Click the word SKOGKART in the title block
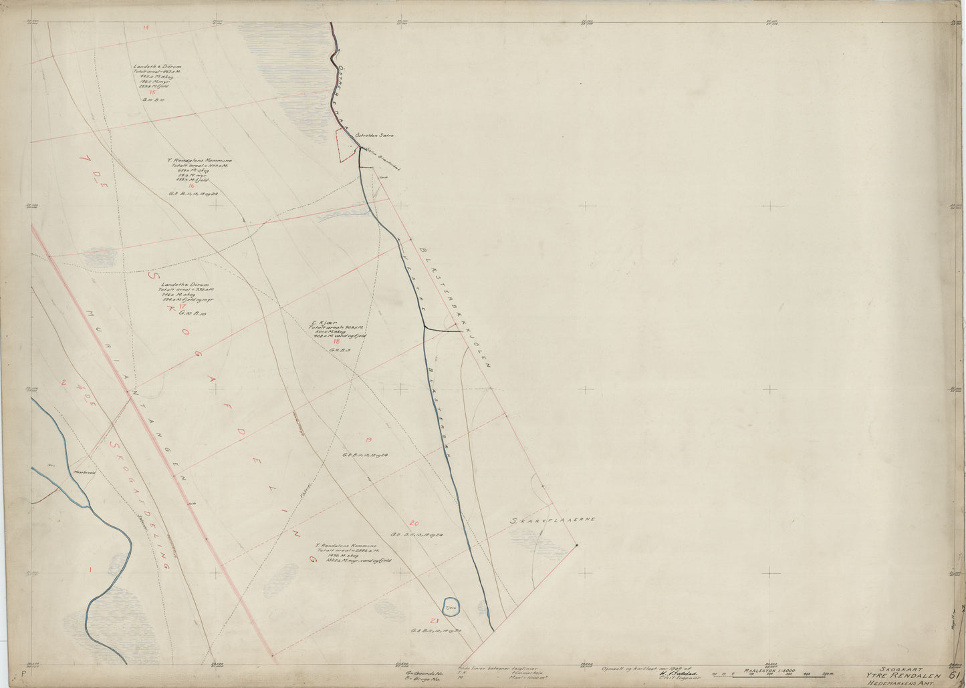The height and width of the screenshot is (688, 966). click(897, 666)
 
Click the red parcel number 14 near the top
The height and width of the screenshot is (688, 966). click(145, 27)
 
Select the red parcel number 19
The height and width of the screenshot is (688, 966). click(368, 439)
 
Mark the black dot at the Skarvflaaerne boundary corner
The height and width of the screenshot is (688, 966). click(577, 545)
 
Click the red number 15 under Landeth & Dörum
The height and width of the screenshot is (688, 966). click(152, 92)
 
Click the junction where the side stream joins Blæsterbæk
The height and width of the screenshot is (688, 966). click(424, 327)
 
